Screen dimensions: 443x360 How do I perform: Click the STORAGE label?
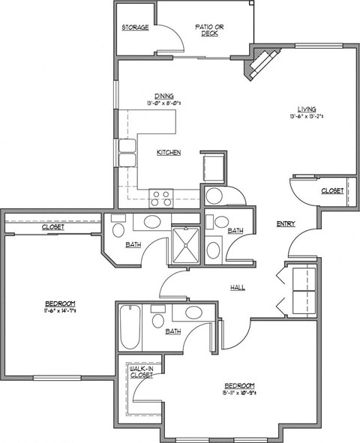point(135,28)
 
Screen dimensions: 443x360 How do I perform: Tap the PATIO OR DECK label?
point(210,31)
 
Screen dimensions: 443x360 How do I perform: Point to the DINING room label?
point(164,95)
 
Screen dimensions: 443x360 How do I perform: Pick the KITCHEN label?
point(168,153)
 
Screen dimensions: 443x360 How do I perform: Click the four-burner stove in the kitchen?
point(160,197)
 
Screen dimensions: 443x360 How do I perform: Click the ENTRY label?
point(285,223)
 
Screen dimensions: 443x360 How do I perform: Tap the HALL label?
point(237,287)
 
